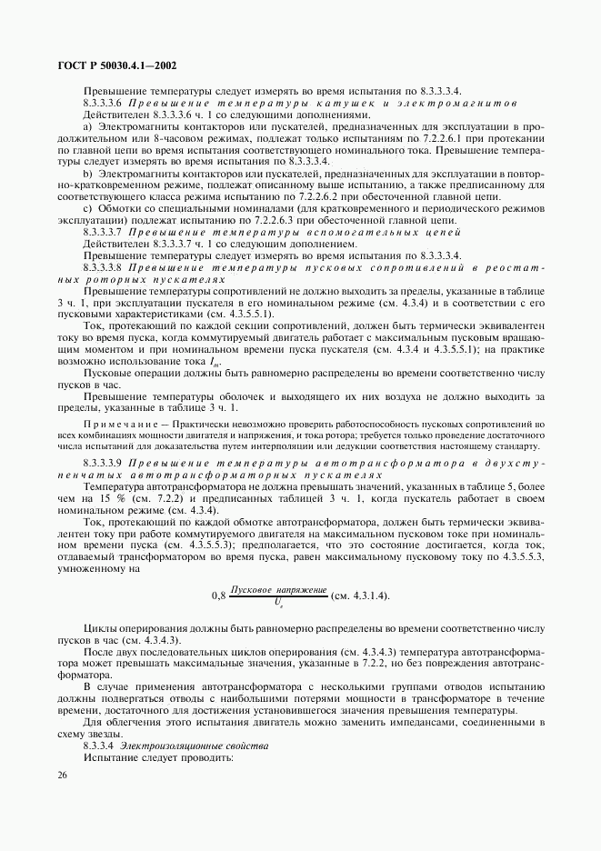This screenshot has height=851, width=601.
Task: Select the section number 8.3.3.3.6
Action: tap(104, 103)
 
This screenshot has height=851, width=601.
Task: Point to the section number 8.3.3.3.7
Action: tap(104, 233)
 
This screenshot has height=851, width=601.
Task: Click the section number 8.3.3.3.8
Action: tap(104, 267)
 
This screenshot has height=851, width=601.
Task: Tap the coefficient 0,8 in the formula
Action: tap(218, 595)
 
